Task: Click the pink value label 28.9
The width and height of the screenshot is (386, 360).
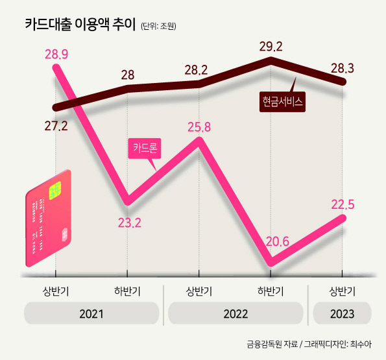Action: point(56,54)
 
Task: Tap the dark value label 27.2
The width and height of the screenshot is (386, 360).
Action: point(56,126)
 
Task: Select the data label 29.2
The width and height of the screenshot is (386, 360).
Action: point(271,47)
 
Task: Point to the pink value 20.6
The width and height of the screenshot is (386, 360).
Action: point(278,242)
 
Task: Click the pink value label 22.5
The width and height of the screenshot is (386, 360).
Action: point(343,204)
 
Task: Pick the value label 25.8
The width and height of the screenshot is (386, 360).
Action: point(199,127)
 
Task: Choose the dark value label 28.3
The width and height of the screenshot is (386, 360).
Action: point(343,68)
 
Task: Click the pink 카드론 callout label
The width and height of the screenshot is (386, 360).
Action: point(145,148)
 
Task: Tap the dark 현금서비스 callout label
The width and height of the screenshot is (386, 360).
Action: point(282,102)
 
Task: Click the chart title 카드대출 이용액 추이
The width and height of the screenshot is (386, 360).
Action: point(80,25)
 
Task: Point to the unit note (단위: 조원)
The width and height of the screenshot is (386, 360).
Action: point(158,26)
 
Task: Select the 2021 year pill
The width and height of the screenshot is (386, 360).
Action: point(91,313)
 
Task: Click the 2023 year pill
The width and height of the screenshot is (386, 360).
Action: point(342,313)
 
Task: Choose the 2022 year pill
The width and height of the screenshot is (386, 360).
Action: point(235,313)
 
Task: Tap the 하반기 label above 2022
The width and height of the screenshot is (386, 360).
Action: point(271,291)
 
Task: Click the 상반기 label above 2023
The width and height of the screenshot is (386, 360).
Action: point(342,291)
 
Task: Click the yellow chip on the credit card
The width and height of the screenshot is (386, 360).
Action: point(55,191)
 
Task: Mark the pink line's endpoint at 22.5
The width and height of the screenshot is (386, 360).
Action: point(342,218)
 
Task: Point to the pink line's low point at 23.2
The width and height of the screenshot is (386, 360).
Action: point(127,201)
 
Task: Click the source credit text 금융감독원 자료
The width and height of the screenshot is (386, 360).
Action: point(272,344)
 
